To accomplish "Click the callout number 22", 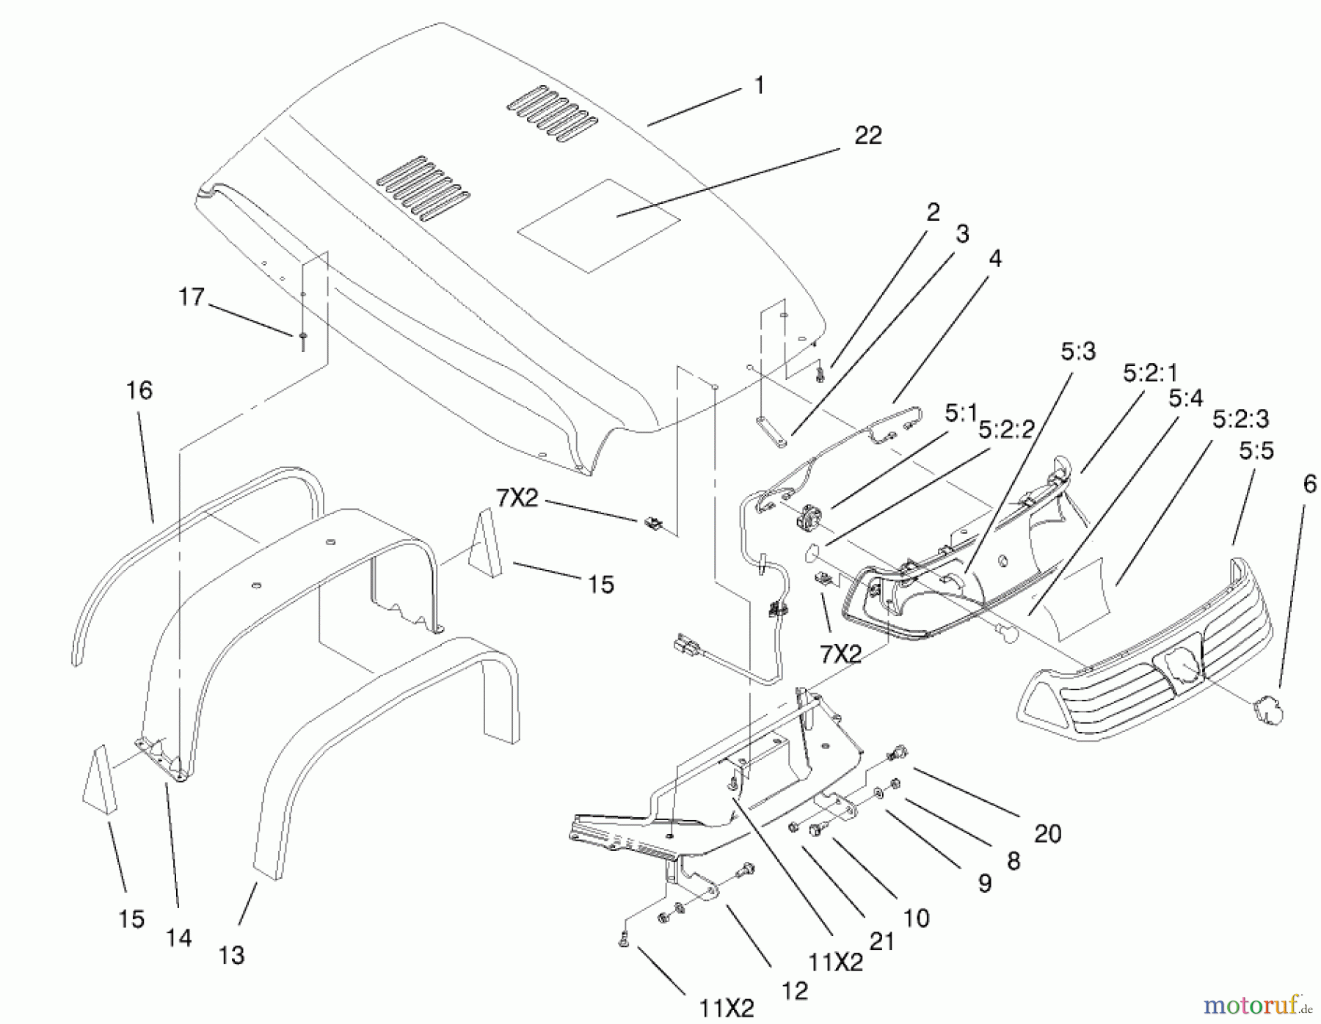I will click(x=867, y=136).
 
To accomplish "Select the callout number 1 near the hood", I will click(x=760, y=86).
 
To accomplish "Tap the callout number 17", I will click(x=192, y=297).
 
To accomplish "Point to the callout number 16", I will click(x=139, y=390).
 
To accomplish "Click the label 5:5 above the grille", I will click(x=1256, y=451).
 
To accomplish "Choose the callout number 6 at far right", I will click(x=1310, y=484).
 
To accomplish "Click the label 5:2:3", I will click(x=1240, y=419).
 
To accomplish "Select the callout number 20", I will click(x=1047, y=834).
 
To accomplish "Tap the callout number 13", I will click(x=231, y=955).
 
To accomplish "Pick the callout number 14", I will click(x=179, y=938).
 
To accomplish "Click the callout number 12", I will click(x=795, y=991).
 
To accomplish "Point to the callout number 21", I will click(x=881, y=942).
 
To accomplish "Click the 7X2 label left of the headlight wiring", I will click(x=517, y=499).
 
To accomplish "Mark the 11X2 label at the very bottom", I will click(x=726, y=1009).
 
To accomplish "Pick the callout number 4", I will click(x=995, y=259).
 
